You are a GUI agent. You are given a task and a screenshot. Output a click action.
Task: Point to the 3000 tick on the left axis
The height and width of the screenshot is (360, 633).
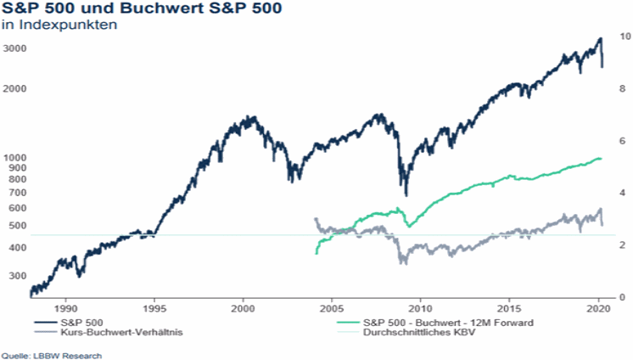(x=14, y=48)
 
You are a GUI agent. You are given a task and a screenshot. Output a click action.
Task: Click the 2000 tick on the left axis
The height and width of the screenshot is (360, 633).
(x=14, y=89)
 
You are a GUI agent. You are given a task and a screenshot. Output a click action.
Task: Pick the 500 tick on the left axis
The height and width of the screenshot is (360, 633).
(x=17, y=226)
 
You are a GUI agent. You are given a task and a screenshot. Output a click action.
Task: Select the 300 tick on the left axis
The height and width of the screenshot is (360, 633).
(x=17, y=276)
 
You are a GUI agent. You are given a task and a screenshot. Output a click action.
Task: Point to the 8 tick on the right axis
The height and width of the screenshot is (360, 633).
(x=620, y=89)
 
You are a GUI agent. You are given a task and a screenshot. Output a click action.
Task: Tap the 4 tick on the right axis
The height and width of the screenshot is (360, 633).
(x=620, y=194)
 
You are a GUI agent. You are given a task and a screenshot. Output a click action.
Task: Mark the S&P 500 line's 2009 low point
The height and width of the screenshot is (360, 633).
(x=406, y=194)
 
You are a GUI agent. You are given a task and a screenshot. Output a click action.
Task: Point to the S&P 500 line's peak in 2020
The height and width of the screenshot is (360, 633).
(x=600, y=38)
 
